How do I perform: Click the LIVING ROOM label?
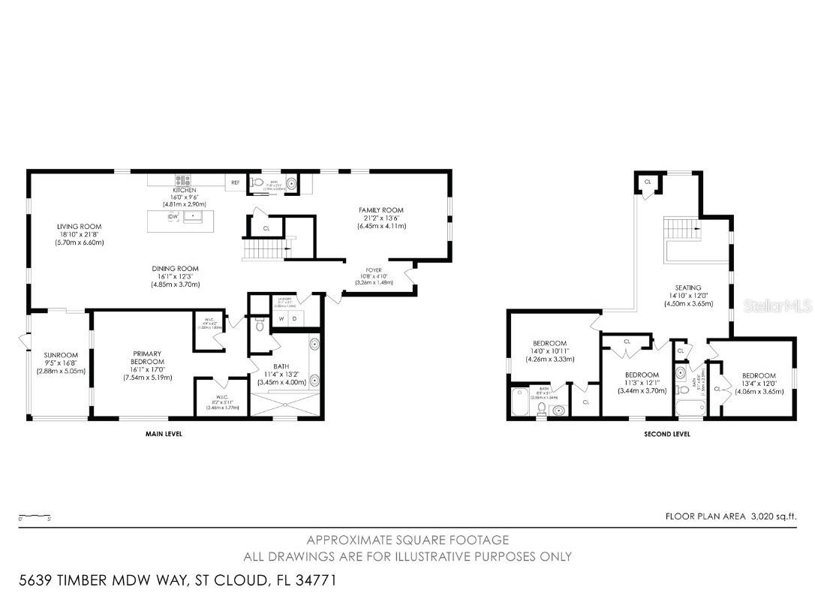pos(79,226)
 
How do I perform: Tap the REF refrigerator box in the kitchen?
pos(235,182)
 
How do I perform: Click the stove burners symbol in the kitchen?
pos(183,180)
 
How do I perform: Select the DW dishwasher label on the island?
pos(173,217)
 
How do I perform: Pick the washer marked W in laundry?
pos(281,318)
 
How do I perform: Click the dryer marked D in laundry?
pos(296,318)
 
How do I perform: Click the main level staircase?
pos(265,249)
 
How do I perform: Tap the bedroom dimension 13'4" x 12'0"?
pos(758,384)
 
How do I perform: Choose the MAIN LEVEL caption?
pos(163,434)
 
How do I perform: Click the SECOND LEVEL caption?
pos(666,434)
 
